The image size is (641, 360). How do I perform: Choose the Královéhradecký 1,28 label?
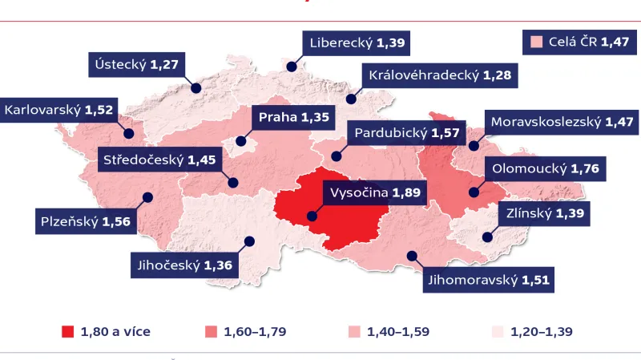(x=440, y=75)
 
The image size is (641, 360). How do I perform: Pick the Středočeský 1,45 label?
(x=159, y=160)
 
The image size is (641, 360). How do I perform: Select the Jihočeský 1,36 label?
(x=183, y=265)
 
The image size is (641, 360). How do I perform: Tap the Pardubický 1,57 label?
(x=405, y=132)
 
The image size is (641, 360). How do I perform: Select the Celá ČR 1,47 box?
(x=576, y=42)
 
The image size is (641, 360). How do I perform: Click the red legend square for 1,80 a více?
(x=67, y=331)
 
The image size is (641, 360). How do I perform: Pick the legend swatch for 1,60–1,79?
(x=211, y=331)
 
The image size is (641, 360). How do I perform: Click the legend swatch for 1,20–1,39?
(x=497, y=331)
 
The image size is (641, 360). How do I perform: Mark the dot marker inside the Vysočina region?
(x=311, y=215)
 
